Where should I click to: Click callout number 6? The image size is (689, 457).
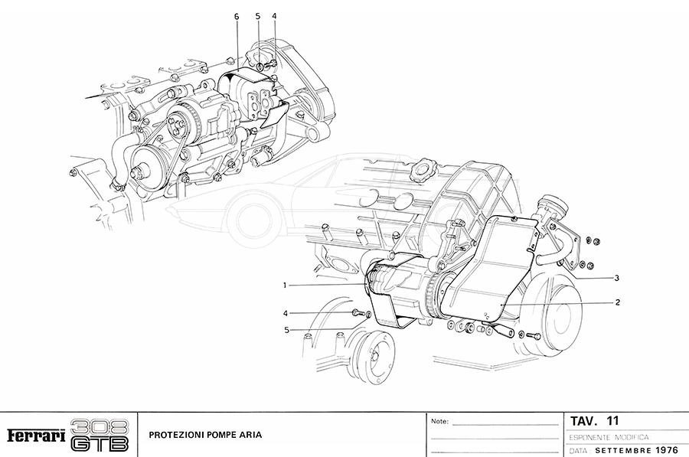(237, 16)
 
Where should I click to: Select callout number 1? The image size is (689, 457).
(284, 286)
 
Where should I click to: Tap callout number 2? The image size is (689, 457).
(616, 302)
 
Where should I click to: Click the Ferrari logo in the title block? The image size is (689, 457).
(34, 436)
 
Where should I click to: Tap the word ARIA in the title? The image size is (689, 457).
(250, 435)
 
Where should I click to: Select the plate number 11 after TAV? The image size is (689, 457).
(612, 421)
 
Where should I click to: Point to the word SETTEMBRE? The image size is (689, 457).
(623, 451)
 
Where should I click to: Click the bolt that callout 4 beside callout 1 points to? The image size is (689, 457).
(356, 312)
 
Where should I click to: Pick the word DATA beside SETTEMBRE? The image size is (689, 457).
(580, 451)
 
